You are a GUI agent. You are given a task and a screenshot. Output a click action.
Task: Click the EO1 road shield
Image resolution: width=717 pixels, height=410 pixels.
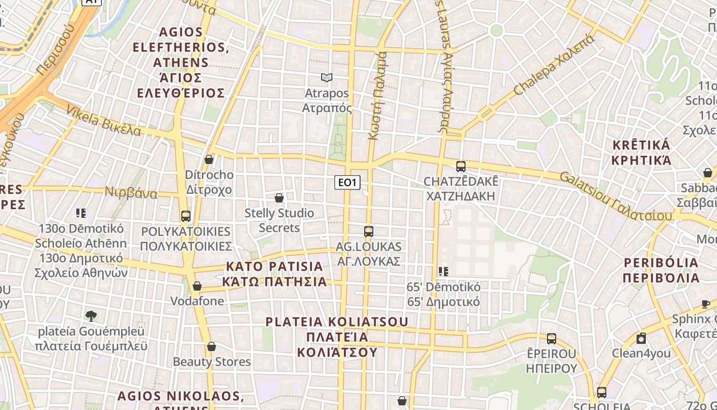pos(347,182)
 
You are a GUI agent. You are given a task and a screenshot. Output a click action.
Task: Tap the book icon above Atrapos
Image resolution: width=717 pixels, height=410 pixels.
pos(327,77)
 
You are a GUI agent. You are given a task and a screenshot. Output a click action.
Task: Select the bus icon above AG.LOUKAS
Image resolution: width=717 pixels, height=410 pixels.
pos(369,231)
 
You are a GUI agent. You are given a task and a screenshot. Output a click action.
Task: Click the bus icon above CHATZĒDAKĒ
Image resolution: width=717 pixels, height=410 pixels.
pos(461,166)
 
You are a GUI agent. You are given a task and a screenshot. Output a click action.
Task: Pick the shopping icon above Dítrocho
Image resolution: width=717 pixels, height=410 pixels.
pos(209,159)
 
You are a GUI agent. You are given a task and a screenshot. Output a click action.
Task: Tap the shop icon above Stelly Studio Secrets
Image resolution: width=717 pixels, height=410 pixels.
pos(279,197)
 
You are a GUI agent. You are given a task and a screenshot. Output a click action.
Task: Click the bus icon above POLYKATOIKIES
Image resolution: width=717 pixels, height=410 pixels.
pos(186,216)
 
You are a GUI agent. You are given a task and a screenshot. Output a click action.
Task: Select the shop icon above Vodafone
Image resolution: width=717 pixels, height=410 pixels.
pos(197,286)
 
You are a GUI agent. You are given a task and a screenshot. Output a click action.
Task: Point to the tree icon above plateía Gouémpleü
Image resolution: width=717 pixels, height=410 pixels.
pos(91,316)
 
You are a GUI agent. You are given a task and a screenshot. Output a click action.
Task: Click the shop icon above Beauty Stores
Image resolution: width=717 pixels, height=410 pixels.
pos(212,346)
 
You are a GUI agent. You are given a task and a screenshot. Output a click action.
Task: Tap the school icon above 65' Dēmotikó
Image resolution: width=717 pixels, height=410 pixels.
pos(444,271)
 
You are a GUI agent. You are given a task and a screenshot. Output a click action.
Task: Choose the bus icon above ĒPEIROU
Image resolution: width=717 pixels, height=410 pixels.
pos(552,338)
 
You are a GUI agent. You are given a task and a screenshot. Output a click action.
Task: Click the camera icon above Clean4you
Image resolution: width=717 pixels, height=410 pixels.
pos(641,338)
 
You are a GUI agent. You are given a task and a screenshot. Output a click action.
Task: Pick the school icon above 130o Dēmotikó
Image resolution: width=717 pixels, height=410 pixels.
pos(81,213)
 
